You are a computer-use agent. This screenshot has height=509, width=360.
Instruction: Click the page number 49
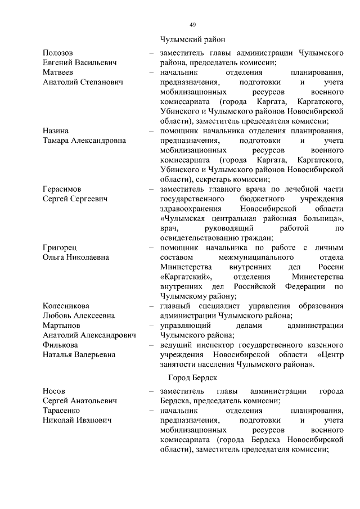click(x=192, y=25)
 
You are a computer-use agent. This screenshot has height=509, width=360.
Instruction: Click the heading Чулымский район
click(x=192, y=39)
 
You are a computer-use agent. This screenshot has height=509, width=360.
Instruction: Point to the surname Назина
click(x=56, y=130)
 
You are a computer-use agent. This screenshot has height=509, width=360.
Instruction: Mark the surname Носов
click(x=54, y=390)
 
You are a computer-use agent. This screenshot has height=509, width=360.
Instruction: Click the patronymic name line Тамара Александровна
click(x=84, y=140)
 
